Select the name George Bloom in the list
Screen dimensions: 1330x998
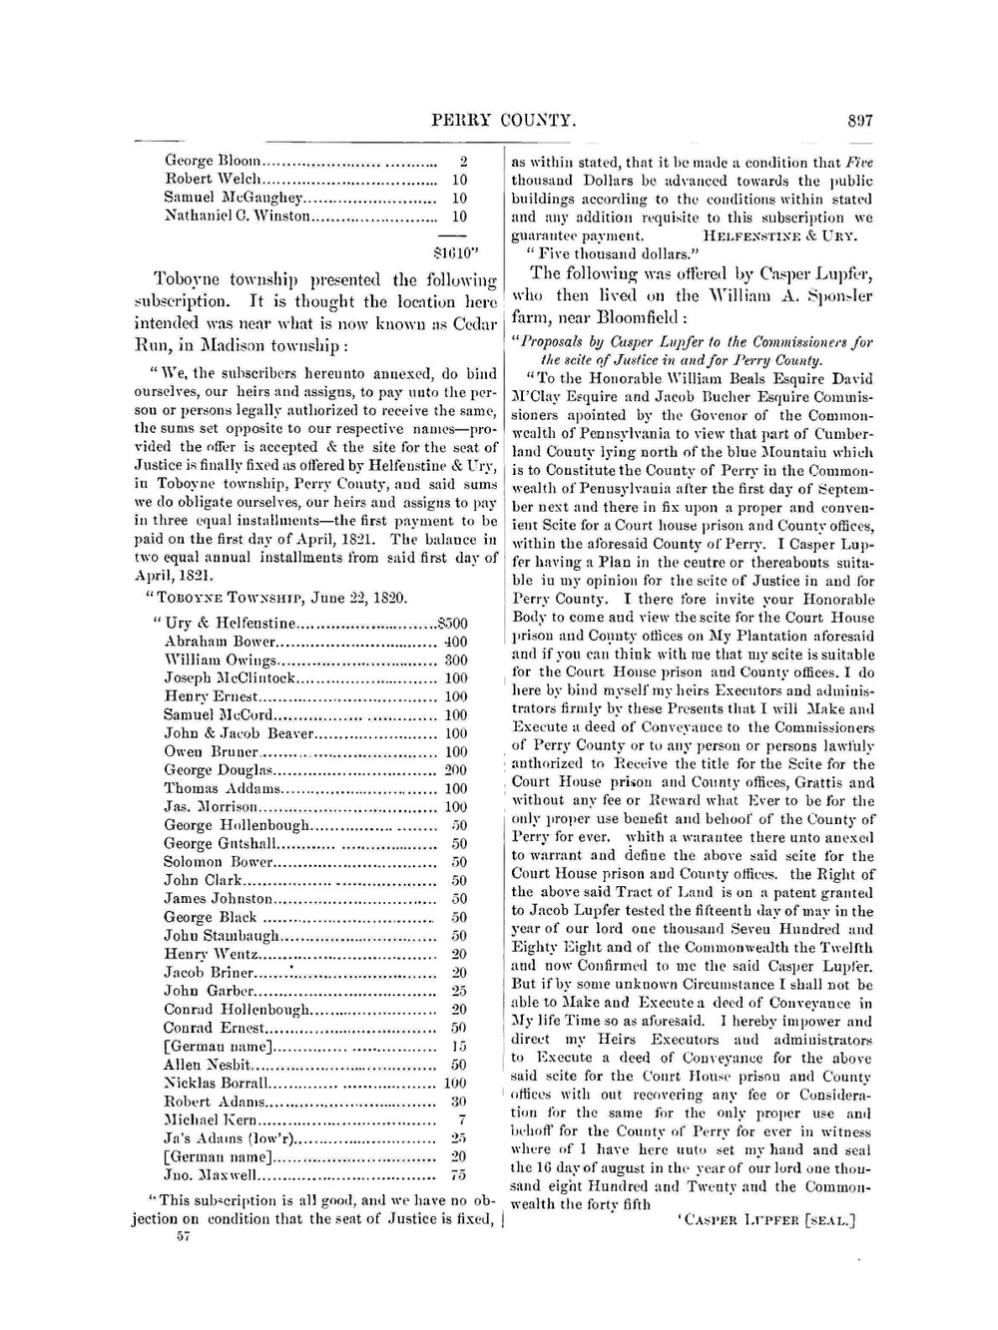(213, 161)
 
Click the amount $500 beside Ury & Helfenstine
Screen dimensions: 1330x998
(452, 624)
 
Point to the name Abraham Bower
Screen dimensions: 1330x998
(219, 642)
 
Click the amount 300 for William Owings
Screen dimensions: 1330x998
(455, 661)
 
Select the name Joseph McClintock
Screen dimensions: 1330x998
(230, 678)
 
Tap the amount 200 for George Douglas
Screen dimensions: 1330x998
(455, 770)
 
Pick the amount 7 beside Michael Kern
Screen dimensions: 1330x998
(462, 1120)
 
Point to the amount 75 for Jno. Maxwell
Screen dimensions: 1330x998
(458, 1175)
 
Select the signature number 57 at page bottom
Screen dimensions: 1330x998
(183, 1236)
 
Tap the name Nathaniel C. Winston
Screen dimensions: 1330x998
(238, 216)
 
